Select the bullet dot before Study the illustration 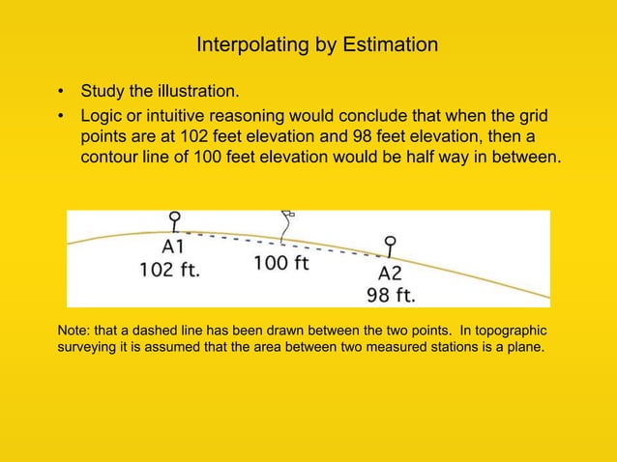[x=62, y=94]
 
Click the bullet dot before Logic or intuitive [x=62, y=117]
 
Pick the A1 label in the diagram [x=172, y=246]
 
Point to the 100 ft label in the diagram [x=281, y=263]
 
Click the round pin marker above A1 [x=174, y=217]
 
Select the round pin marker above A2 [x=391, y=241]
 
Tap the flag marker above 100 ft [x=286, y=215]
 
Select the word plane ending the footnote [x=527, y=347]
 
